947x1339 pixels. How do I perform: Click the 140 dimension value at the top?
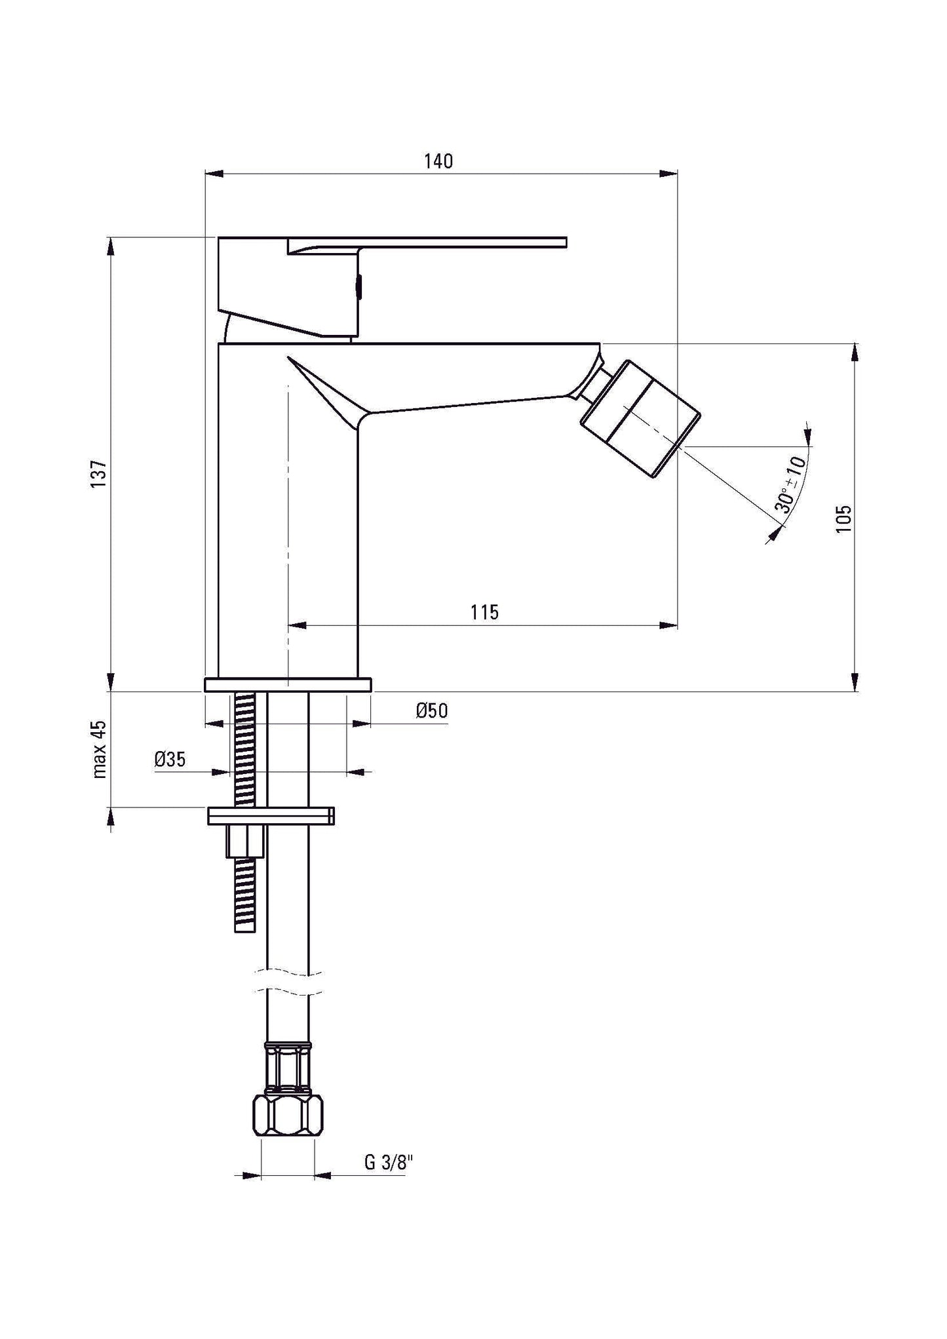point(438,161)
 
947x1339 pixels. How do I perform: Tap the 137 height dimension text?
point(98,473)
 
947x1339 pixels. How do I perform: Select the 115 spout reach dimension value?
point(484,612)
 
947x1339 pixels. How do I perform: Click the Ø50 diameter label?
point(432,710)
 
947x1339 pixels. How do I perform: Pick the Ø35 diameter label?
point(170,760)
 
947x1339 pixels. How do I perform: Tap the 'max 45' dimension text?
point(99,748)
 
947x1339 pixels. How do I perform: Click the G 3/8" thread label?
point(389,1163)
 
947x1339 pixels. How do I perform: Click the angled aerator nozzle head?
point(641,418)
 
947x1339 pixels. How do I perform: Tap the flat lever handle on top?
point(426,243)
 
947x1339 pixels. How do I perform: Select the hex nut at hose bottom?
point(289,1117)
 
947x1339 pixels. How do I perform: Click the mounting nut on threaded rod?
point(245,842)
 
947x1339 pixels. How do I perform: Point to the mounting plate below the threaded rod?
point(271,816)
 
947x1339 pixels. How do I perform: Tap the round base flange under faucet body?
point(288,685)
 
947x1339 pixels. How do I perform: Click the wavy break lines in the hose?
point(289,981)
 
